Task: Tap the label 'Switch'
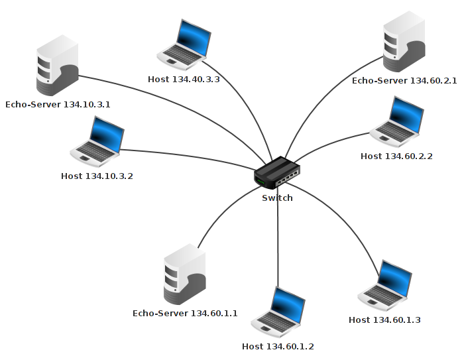pyautogui.click(x=277, y=198)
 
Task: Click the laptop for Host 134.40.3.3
pyautogui.click(x=184, y=45)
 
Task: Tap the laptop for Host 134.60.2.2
pyautogui.click(x=397, y=122)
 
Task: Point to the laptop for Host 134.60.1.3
pyautogui.click(x=385, y=286)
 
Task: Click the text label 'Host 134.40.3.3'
pyautogui.click(x=184, y=80)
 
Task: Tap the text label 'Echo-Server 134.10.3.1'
pyautogui.click(x=58, y=105)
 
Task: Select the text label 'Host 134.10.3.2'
pyautogui.click(x=97, y=176)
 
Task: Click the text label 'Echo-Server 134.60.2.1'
pyautogui.click(x=404, y=80)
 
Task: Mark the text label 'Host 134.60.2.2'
pyautogui.click(x=396, y=156)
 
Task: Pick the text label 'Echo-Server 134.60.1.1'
pyautogui.click(x=185, y=313)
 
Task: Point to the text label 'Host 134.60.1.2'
pyautogui.click(x=278, y=346)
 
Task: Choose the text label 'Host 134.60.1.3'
pyautogui.click(x=384, y=320)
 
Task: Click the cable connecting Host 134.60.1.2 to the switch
pyautogui.click(x=278, y=245)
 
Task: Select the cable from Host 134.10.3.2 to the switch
pyautogui.click(x=186, y=156)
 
